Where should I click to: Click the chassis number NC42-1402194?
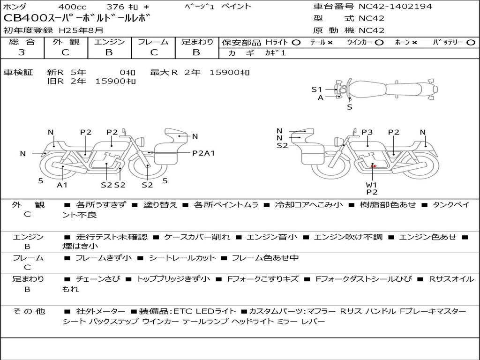pos(395,6)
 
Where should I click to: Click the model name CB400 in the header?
pos(26,18)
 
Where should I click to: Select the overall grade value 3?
pos(22,52)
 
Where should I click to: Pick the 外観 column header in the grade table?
pos(66,42)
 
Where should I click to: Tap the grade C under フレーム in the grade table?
pos(154,52)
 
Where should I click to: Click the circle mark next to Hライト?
pos(296,43)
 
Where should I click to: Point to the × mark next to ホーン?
pos(414,43)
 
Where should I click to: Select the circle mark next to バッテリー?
pos(471,43)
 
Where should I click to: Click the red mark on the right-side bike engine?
pos(374,166)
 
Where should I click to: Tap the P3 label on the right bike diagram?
pos(367,132)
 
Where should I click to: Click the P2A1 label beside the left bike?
pos(203,153)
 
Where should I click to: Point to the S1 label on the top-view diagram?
pos(317,90)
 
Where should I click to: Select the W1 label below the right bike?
pos(371,185)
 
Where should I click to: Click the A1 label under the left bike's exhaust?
pos(62,185)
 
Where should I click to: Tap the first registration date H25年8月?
pos(81,30)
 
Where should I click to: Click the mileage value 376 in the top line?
pos(115,7)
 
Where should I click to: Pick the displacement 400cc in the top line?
pos(72,7)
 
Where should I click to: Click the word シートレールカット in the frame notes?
pos(182,258)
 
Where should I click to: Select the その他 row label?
pos(29,311)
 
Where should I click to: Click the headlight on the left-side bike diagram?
pos(141,142)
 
